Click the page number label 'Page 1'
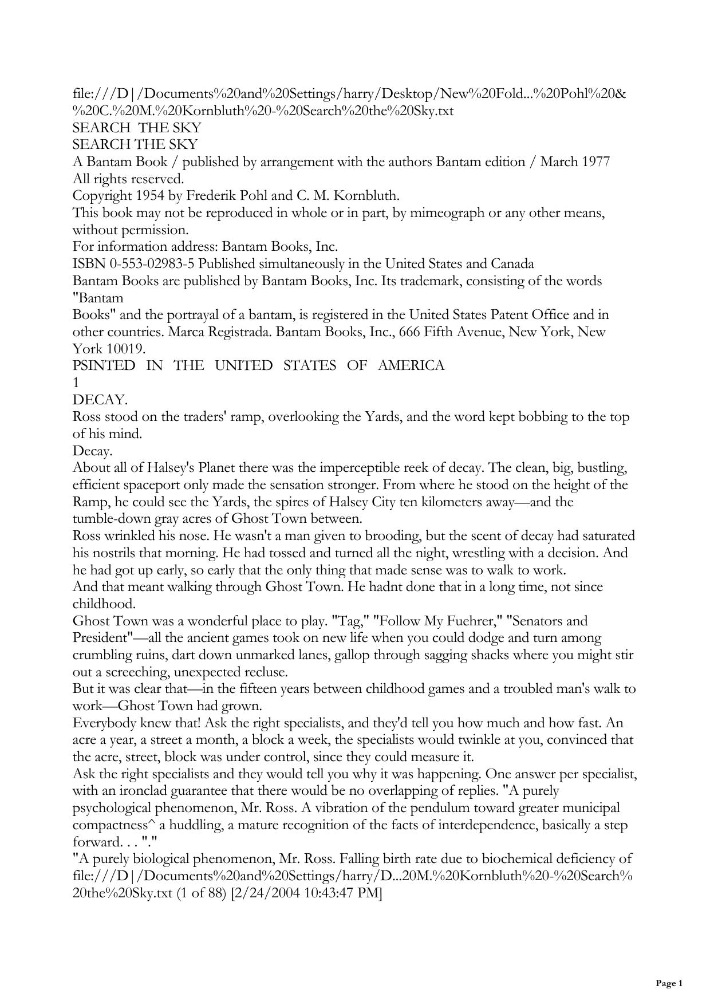tap(669, 983)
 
